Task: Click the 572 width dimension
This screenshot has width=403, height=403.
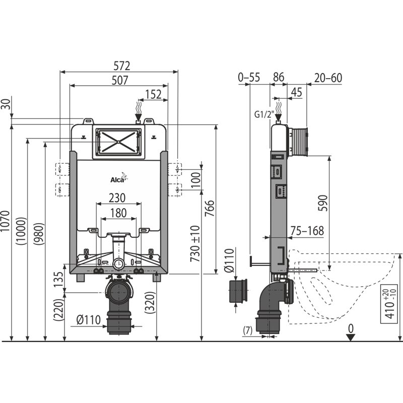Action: click(122, 66)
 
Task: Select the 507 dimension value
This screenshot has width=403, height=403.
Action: click(120, 80)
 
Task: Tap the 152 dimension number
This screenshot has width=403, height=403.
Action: click(154, 94)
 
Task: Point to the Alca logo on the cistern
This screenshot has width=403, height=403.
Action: click(119, 178)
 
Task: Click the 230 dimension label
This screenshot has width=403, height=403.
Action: click(117, 198)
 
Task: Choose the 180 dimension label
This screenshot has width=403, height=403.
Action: click(118, 213)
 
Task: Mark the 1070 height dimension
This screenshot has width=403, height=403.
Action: click(5, 221)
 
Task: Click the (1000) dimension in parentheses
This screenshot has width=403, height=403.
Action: click(21, 231)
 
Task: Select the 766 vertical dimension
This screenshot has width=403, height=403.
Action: click(210, 208)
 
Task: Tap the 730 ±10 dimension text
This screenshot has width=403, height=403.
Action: click(195, 244)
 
